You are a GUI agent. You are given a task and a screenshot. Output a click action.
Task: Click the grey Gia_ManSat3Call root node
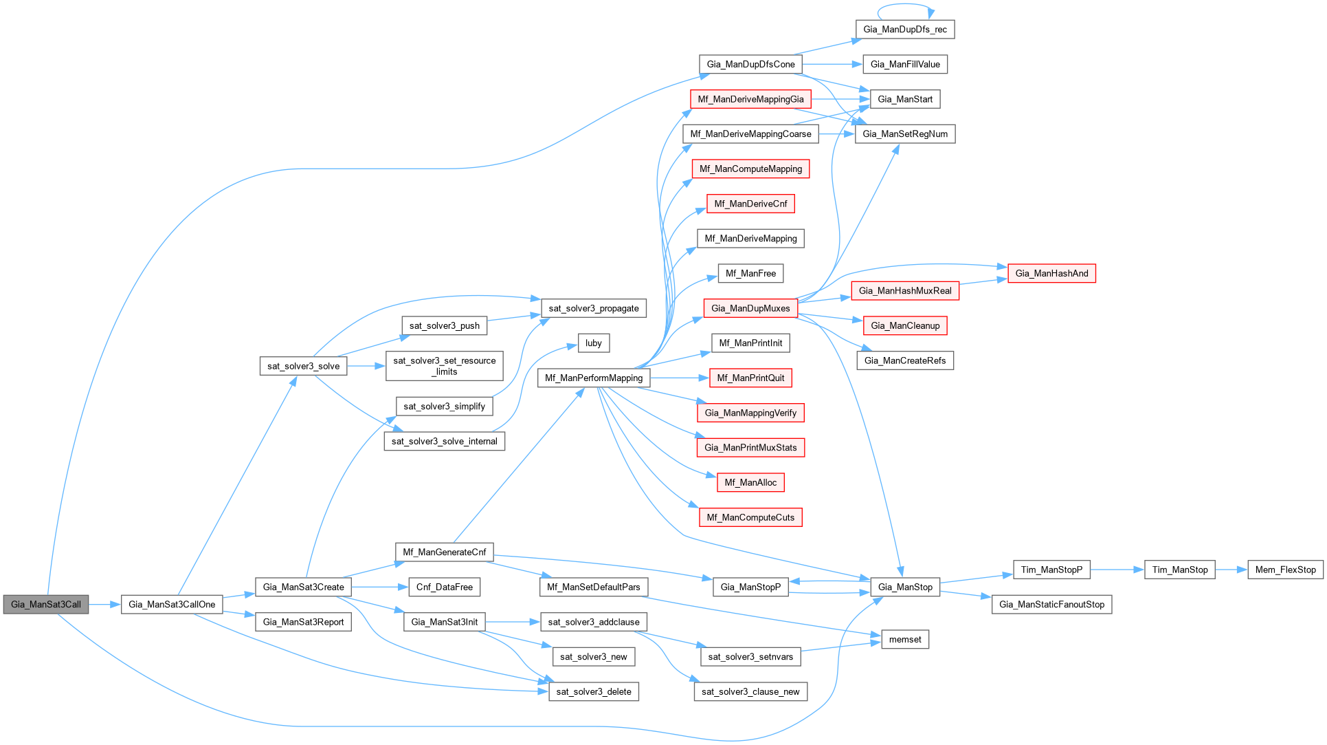(46, 605)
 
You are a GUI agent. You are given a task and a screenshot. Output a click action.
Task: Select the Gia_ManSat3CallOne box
(172, 605)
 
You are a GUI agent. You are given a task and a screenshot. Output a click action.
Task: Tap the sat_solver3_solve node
(303, 366)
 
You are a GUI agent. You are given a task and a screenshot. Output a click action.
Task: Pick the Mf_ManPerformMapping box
(594, 378)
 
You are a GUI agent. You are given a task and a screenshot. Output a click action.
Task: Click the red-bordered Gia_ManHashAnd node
(1051, 273)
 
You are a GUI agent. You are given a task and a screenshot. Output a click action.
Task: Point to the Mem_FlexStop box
(1285, 570)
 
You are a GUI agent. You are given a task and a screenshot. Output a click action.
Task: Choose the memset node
(905, 639)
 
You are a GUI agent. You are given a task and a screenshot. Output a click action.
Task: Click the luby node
(594, 343)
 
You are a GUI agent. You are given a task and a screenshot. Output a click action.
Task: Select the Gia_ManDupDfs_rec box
(905, 29)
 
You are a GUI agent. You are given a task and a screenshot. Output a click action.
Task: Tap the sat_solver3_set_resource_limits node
(445, 366)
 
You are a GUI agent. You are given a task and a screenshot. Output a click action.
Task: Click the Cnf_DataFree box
(445, 587)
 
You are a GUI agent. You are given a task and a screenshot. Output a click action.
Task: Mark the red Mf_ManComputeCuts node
(750, 517)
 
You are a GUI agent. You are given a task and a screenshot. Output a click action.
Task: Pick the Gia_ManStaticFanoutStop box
(1051, 605)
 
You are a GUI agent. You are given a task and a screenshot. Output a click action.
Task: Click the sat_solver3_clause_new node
(750, 691)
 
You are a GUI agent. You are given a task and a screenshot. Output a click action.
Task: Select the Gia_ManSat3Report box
(303, 622)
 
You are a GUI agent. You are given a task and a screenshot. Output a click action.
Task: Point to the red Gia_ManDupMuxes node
(750, 308)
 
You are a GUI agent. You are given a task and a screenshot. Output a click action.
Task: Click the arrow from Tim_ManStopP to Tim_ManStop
(1117, 570)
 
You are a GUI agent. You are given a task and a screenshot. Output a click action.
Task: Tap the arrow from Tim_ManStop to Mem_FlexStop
(1231, 570)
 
